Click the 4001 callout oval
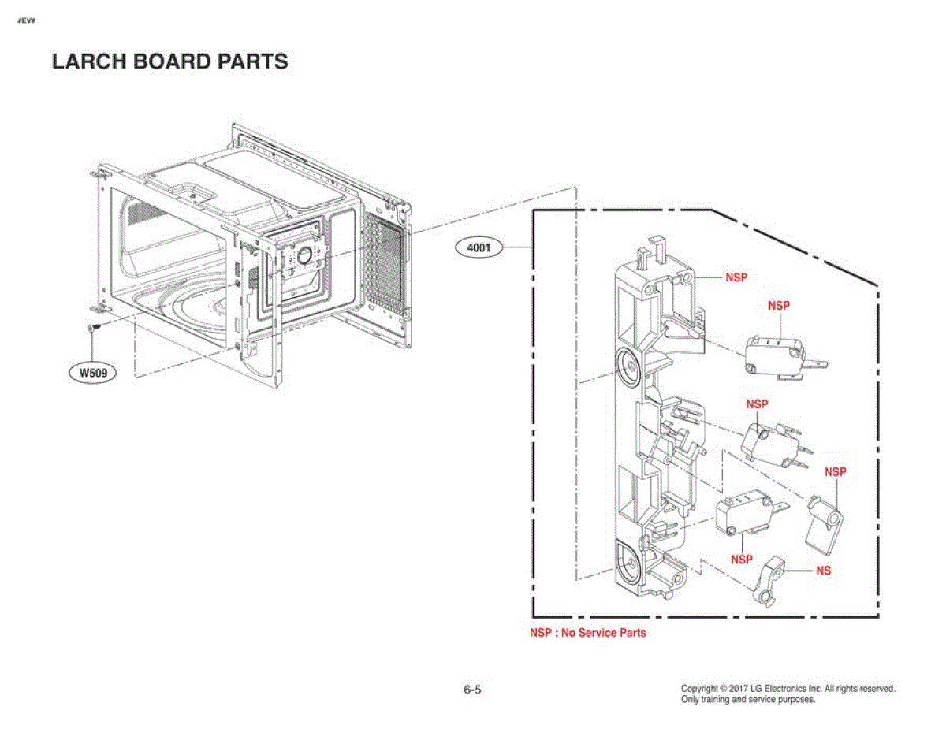pyautogui.click(x=479, y=248)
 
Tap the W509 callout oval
pyautogui.click(x=93, y=373)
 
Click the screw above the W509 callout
pyautogui.click(x=93, y=326)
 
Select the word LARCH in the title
pyautogui.click(x=89, y=61)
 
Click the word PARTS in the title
pyautogui.click(x=252, y=61)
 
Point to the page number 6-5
pyautogui.click(x=472, y=690)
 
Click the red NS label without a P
pyautogui.click(x=823, y=571)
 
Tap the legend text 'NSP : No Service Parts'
pyautogui.click(x=588, y=633)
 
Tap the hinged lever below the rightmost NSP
pyautogui.click(x=824, y=527)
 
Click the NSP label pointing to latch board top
pyautogui.click(x=736, y=277)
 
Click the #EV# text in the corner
pyautogui.click(x=27, y=20)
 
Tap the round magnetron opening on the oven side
pyautogui.click(x=305, y=255)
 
